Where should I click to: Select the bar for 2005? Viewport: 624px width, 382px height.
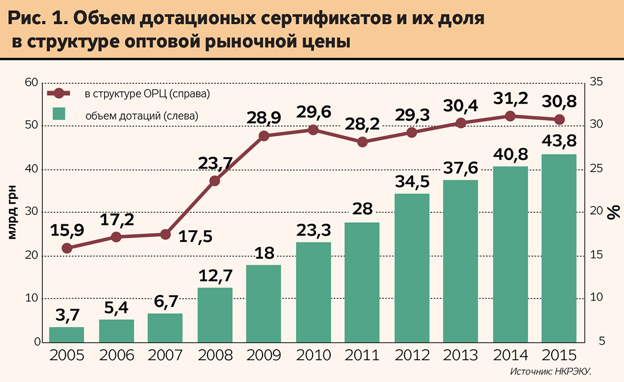click(x=67, y=335)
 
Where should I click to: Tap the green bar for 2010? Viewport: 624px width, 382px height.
click(x=313, y=292)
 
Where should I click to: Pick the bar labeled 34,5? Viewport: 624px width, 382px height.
click(x=412, y=268)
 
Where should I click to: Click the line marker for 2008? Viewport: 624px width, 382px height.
click(x=215, y=181)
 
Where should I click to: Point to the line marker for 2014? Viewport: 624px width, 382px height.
click(x=510, y=116)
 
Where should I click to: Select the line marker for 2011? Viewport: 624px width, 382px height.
click(x=362, y=142)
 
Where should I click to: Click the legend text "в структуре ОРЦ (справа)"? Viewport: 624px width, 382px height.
click(x=148, y=94)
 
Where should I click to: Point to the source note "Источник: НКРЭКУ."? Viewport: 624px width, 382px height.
click(x=551, y=372)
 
